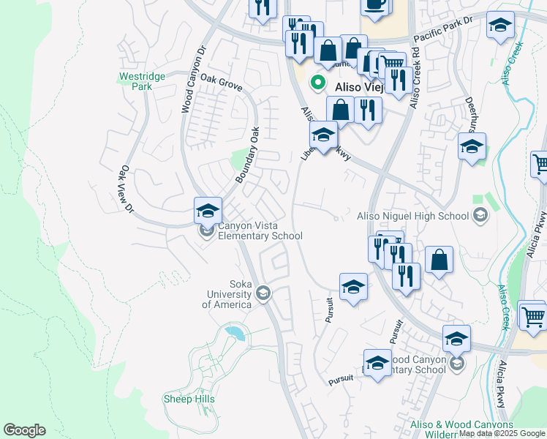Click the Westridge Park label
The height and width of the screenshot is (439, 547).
[x=135, y=80]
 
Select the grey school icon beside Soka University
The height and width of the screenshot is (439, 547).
[x=263, y=294]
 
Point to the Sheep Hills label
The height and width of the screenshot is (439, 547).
[x=189, y=399]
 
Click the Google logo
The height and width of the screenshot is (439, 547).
[x=24, y=430]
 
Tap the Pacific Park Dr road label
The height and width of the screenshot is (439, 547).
[x=444, y=37]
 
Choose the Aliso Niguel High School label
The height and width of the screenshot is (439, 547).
[x=413, y=215]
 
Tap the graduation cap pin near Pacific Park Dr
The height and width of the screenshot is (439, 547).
[x=500, y=27]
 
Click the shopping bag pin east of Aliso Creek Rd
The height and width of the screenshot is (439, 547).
[x=439, y=260]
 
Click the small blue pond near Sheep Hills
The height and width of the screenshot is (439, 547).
[x=235, y=334]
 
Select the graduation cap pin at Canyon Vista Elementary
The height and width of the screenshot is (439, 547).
[x=208, y=211]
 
